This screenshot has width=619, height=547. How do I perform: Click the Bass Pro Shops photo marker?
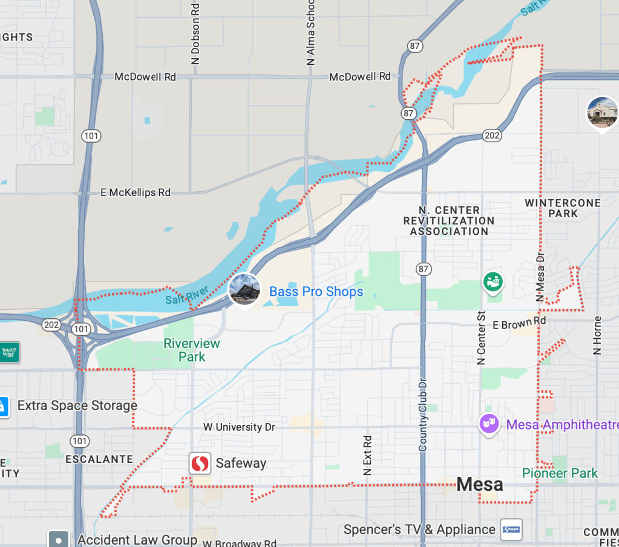click(244, 289)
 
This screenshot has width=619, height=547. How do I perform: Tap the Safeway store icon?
click(200, 463)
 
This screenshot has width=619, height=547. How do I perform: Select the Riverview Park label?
click(192, 350)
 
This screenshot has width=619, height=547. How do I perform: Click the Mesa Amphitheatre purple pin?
click(488, 424)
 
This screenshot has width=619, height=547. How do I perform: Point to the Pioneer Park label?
click(560, 473)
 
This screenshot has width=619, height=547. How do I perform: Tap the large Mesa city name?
click(479, 484)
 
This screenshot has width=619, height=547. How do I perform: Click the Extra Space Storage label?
click(77, 405)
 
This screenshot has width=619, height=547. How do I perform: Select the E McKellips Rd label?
click(136, 192)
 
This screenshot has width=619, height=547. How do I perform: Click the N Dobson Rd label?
click(195, 33)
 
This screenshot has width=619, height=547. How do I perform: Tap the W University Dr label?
click(239, 427)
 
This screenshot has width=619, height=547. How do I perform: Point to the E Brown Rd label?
click(519, 324)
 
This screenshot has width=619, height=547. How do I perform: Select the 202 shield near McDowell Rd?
click(492, 136)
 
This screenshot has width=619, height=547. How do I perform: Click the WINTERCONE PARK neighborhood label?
click(563, 208)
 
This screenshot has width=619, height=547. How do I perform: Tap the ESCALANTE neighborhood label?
click(99, 459)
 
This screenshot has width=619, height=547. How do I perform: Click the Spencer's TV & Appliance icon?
click(511, 529)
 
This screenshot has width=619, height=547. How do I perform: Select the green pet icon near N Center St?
click(493, 281)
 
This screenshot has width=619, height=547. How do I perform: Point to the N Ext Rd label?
click(367, 454)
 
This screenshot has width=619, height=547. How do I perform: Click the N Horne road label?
click(597, 335)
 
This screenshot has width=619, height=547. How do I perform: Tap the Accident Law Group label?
click(137, 539)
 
